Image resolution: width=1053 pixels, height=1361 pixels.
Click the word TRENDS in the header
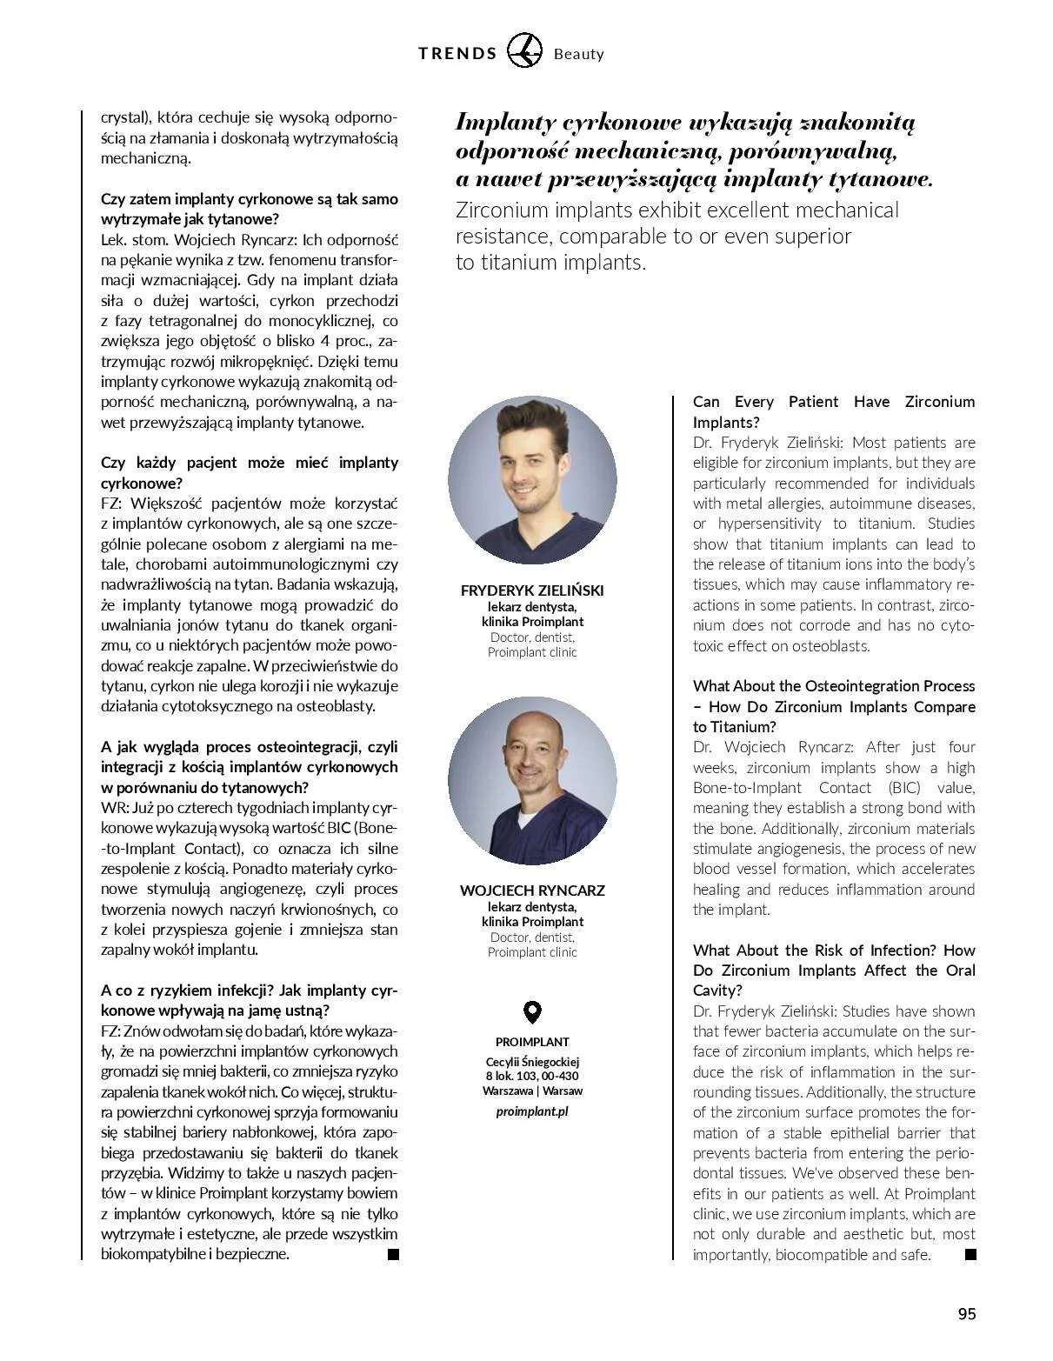(457, 54)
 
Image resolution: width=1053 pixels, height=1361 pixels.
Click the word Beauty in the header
(578, 55)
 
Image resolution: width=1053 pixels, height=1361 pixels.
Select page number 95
(967, 1314)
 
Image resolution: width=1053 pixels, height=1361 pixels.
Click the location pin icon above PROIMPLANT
(532, 1012)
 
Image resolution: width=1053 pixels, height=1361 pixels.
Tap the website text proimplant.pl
(532, 1111)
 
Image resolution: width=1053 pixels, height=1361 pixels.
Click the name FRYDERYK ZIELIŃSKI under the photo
(532, 590)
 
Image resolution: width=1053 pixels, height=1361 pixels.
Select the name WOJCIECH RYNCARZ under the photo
(532, 891)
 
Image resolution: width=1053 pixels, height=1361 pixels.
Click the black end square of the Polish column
(393, 1254)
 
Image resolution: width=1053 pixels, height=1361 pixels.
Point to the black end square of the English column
(970, 1254)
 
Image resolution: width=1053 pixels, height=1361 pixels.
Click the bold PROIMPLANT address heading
(532, 1042)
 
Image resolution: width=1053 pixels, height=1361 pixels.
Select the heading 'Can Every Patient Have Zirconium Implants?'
(833, 412)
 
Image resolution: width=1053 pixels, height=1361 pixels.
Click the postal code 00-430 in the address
(560, 1077)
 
